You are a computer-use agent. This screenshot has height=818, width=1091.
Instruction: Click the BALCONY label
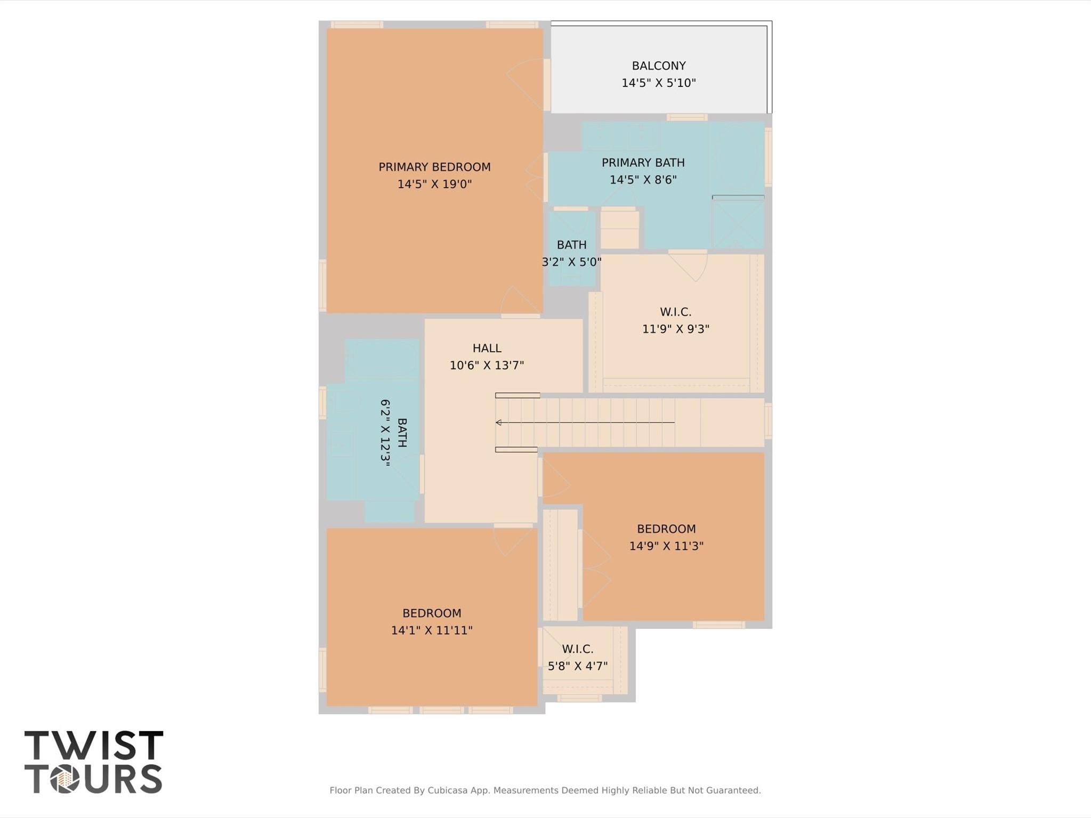(x=658, y=66)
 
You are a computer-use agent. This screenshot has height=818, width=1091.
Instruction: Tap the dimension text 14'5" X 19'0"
(x=434, y=184)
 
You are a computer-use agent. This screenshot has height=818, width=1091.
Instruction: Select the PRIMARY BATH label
(x=643, y=163)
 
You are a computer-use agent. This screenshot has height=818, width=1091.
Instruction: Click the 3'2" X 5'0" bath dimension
(x=571, y=262)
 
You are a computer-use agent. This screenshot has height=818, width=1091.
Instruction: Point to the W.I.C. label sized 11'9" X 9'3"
(x=675, y=312)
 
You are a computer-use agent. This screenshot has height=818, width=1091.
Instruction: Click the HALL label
(x=487, y=348)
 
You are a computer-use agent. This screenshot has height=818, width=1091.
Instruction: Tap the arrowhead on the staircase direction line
(x=499, y=423)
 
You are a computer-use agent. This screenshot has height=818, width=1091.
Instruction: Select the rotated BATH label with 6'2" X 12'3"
(x=402, y=433)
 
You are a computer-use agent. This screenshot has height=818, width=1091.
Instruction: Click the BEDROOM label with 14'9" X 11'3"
(x=666, y=529)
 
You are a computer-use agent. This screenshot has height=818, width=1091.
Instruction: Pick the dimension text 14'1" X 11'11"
(x=432, y=630)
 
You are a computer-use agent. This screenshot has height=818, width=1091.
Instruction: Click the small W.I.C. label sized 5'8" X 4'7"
(x=577, y=649)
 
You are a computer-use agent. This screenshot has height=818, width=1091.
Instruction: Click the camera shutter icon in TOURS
(x=65, y=780)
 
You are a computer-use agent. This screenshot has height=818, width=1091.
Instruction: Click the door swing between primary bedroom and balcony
(x=525, y=80)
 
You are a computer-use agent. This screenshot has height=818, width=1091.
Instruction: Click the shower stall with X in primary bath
(x=738, y=223)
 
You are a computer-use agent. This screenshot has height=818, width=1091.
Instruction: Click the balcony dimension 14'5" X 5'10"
(x=658, y=83)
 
